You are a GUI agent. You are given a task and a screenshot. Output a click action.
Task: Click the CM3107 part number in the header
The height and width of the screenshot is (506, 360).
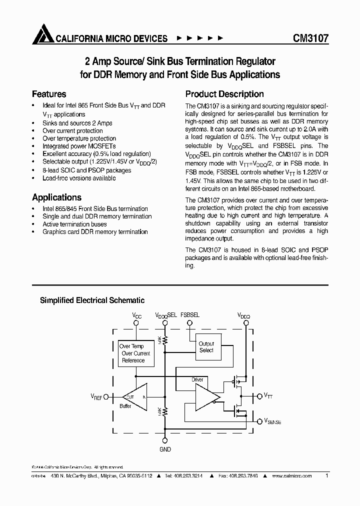[310, 38]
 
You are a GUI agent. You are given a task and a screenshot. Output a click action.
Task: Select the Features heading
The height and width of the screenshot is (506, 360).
[49, 94]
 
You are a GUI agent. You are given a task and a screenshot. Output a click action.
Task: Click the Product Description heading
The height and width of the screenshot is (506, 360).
[224, 94]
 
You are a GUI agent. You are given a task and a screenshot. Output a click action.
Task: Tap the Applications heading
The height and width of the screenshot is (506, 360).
[56, 197]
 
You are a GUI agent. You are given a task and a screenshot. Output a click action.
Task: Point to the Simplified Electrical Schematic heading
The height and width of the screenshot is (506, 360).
[92, 300]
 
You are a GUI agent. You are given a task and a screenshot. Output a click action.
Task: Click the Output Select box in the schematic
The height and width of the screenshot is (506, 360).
[206, 347]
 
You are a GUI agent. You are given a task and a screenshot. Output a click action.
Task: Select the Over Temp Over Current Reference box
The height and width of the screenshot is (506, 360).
[135, 353]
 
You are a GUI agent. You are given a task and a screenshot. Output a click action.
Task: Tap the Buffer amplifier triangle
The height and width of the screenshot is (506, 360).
[134, 397]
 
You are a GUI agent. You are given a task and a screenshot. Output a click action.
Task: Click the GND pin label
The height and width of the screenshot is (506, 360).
[165, 449]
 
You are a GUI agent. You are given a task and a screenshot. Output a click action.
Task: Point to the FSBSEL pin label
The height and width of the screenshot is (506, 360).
[189, 315]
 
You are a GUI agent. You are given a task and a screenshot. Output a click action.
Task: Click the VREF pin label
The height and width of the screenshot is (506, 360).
[96, 396]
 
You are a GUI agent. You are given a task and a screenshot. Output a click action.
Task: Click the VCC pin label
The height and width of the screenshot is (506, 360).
[137, 315]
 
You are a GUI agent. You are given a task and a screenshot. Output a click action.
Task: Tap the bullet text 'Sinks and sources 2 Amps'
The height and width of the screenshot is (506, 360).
[77, 123]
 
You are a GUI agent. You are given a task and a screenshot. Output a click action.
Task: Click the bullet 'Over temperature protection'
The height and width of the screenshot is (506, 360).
[79, 138]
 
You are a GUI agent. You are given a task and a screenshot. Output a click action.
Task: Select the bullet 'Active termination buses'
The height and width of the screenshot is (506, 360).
[74, 224]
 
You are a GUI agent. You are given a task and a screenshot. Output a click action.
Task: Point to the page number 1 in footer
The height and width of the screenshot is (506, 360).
[326, 476]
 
